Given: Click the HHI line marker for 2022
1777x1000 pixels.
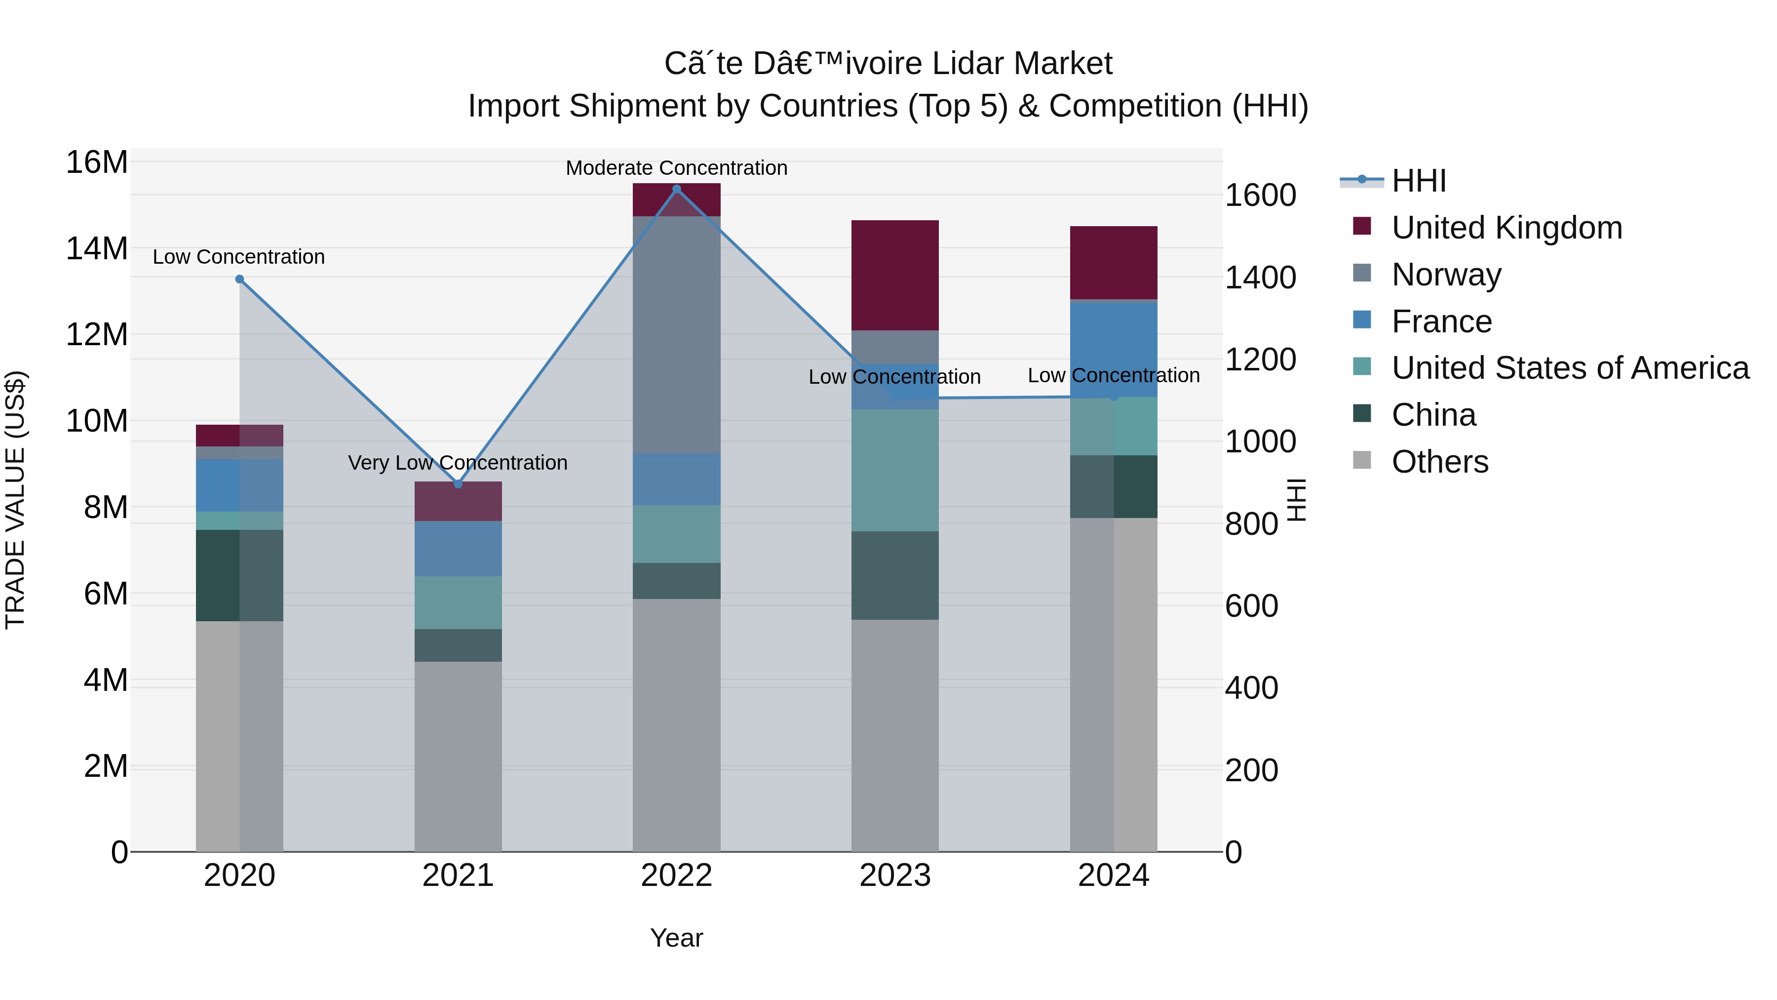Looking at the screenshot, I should tap(676, 189).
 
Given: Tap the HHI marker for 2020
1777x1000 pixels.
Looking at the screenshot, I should tap(239, 279).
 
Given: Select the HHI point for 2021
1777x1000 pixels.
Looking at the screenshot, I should tap(458, 484).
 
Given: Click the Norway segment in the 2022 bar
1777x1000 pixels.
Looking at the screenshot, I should tap(676, 335).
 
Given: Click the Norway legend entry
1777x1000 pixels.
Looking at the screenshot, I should tap(1446, 275).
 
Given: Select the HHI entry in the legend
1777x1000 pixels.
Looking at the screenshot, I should tap(1418, 181).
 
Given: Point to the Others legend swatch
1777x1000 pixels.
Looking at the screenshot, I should tap(1362, 460).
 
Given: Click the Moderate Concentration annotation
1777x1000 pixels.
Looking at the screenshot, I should tap(676, 168).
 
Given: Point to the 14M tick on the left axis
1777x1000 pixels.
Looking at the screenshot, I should tap(97, 248).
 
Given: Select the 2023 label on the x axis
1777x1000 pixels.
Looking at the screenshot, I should tap(895, 876).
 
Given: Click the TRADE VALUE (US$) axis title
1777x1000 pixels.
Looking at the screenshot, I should tap(15, 500).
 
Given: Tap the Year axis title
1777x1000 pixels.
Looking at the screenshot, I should tap(676, 938).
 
